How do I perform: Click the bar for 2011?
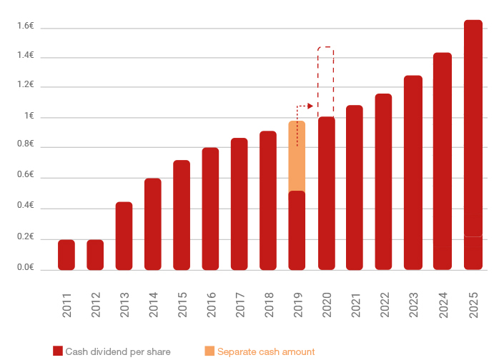click(66, 255)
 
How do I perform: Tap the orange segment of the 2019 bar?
click(297, 156)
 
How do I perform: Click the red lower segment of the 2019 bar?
click(297, 231)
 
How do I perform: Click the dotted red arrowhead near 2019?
click(310, 106)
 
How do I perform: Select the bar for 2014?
click(153, 224)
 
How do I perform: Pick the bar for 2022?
click(383, 182)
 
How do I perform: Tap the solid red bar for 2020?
click(326, 194)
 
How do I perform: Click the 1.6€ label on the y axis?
click(26, 26)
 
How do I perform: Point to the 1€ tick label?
click(29, 116)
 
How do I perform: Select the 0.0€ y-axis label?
click(26, 267)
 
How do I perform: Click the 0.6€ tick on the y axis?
click(26, 175)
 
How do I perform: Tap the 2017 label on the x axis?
click(239, 306)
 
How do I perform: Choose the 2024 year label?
click(443, 306)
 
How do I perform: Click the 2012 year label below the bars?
click(95, 306)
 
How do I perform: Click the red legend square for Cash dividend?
click(58, 351)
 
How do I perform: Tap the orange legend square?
click(209, 351)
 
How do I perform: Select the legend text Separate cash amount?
click(266, 351)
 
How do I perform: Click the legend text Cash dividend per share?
click(118, 351)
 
